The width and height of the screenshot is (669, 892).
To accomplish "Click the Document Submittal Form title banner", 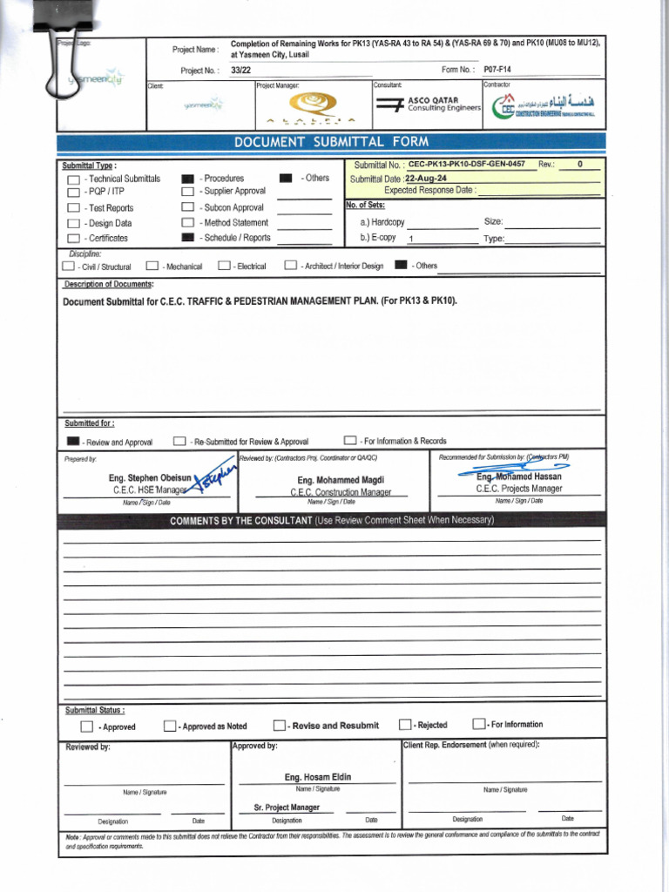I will tap(330, 143).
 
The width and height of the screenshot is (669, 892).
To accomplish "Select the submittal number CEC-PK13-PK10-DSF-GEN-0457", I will tap(466, 164).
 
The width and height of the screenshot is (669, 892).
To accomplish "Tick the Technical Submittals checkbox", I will tap(74, 179).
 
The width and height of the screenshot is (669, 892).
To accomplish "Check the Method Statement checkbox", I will tap(187, 223).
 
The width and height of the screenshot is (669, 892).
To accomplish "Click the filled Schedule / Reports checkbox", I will tap(187, 238).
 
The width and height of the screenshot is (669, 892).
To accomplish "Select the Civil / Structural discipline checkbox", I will tap(68, 266).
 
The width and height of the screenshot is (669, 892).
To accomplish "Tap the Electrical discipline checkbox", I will tap(224, 266).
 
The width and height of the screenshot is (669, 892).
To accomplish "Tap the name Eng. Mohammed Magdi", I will tap(341, 480).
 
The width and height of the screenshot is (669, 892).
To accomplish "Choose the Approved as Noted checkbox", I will tap(170, 726).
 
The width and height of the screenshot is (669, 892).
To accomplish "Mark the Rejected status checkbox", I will tap(405, 725).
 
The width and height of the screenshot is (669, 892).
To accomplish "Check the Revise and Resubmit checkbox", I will tap(279, 726).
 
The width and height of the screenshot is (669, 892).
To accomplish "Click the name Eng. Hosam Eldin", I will tap(318, 777).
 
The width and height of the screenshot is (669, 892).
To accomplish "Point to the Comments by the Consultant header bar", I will tap(331, 520).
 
